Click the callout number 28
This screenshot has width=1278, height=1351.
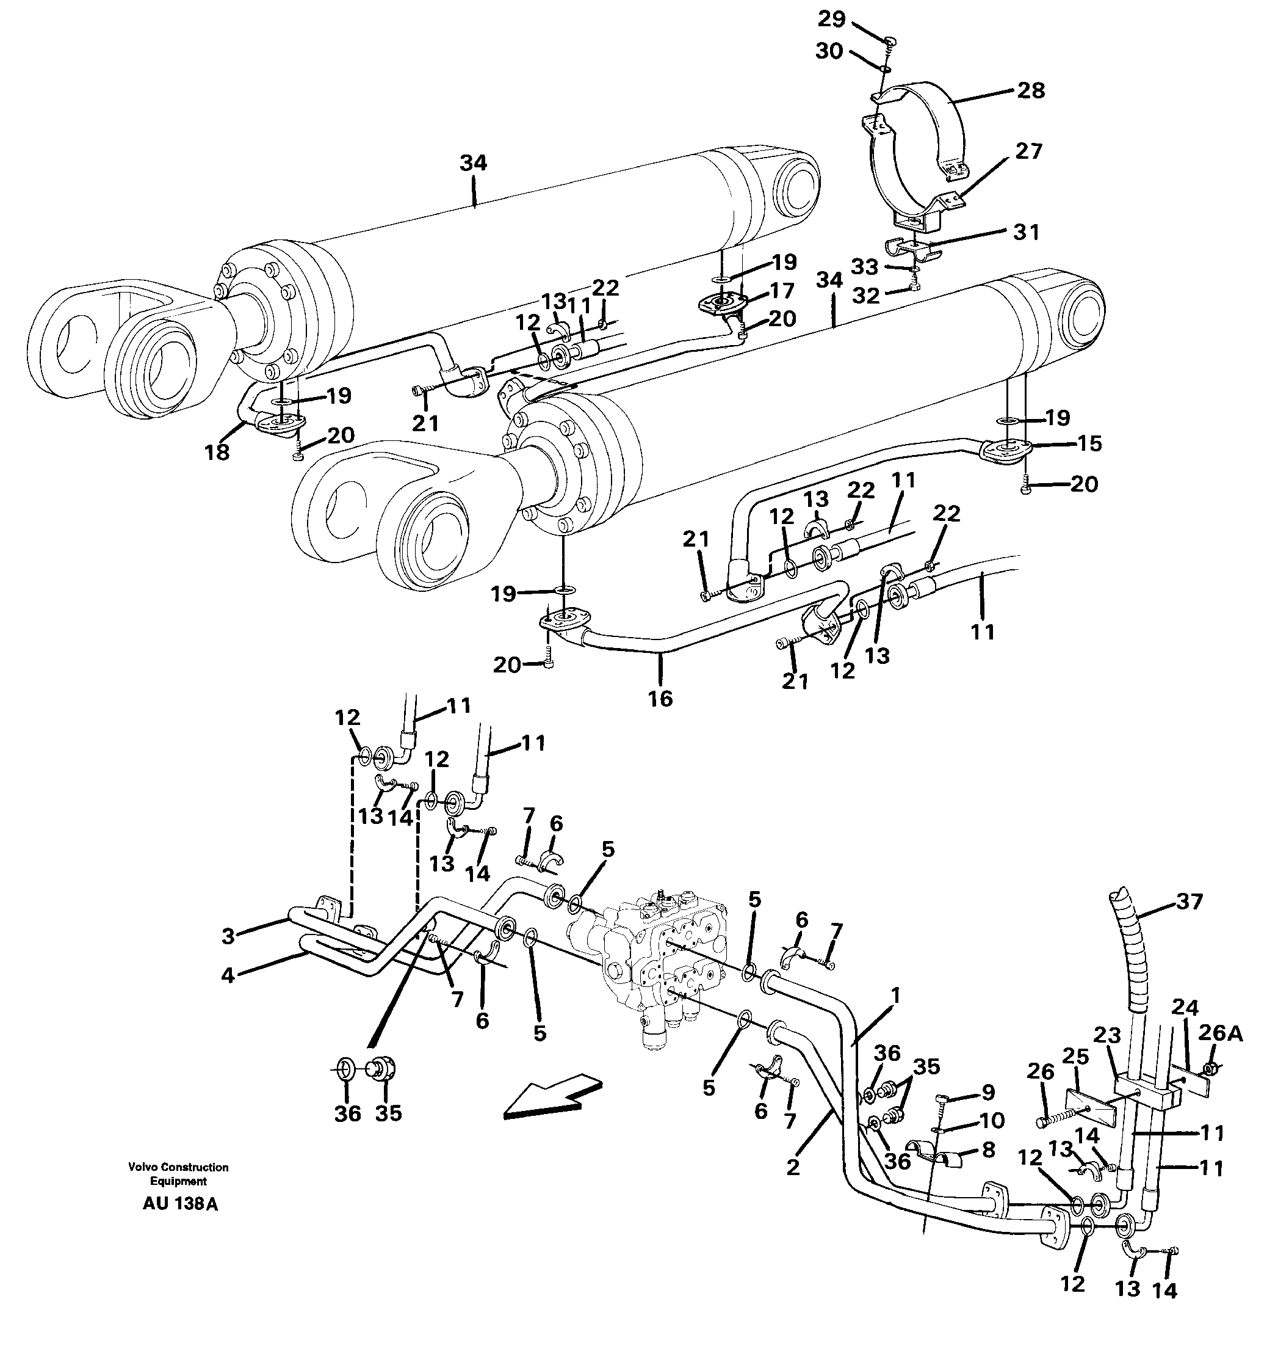tap(1031, 90)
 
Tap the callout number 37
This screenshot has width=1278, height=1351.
tap(1189, 902)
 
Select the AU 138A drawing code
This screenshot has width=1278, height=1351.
tap(180, 1204)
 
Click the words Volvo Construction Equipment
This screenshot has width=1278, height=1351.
tap(178, 1174)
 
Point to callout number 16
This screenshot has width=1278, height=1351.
tap(660, 699)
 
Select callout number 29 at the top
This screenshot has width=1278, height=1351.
tap(831, 19)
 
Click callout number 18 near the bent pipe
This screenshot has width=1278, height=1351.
tap(217, 451)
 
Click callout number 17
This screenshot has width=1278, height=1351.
tap(782, 291)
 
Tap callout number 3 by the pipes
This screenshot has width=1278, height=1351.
tap(228, 936)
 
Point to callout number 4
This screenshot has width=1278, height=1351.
tap(228, 975)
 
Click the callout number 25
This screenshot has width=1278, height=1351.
tap(1075, 1057)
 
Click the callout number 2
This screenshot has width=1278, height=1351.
tap(792, 1168)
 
